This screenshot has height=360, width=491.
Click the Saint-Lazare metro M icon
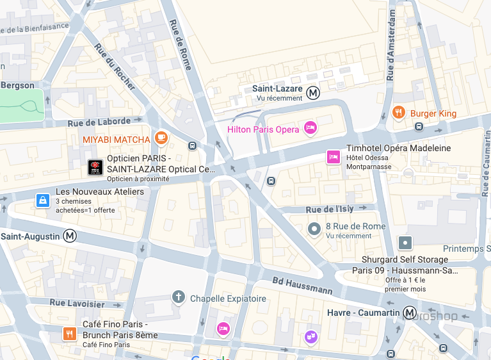[313, 92]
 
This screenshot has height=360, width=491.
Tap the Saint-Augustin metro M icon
[70, 236]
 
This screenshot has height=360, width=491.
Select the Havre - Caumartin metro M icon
[410, 312]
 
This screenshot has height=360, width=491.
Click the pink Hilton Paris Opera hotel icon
[310, 128]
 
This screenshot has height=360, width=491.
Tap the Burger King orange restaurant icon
[399, 113]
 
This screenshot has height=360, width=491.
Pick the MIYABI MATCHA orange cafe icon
[161, 138]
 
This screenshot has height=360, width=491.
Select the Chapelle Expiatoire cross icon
[179, 297]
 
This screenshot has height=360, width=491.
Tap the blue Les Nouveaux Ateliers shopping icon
[42, 200]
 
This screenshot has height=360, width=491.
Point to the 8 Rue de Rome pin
[314, 228]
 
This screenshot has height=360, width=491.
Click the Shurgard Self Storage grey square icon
[405, 243]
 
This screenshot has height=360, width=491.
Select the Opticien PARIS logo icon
[95, 167]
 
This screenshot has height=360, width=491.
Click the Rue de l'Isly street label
[330, 209]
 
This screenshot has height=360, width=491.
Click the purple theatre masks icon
[310, 335]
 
